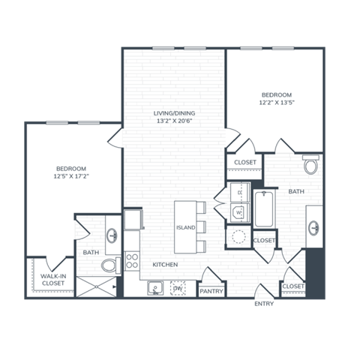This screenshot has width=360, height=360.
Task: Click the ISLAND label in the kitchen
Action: pyautogui.click(x=185, y=226)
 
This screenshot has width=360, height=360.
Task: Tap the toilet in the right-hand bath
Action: pyautogui.click(x=310, y=165)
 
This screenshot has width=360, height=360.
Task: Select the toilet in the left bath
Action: pyautogui.click(x=109, y=264)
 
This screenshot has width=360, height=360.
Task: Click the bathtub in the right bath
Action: pyautogui.click(x=264, y=210)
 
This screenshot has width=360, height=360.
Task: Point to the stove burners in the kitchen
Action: pyautogui.click(x=132, y=260)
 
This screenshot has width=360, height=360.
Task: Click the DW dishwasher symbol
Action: pyautogui.click(x=178, y=288)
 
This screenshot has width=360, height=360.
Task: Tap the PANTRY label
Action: pyautogui.click(x=211, y=291)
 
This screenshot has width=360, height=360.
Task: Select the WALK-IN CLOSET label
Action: pyautogui.click(x=52, y=280)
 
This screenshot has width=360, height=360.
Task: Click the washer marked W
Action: pyautogui.click(x=239, y=212)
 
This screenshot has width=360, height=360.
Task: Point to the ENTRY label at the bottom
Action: pyautogui.click(x=264, y=303)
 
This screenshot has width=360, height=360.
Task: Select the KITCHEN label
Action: pyautogui.click(x=164, y=265)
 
